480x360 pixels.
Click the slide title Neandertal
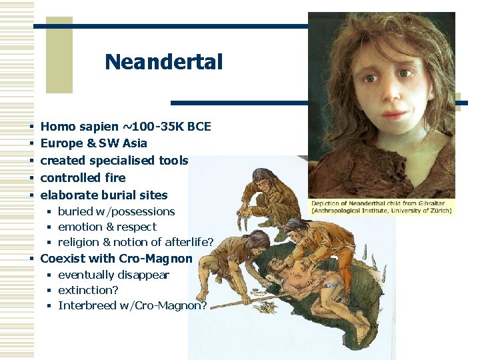pyautogui.click(x=163, y=63)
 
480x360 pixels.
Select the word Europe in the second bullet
pyautogui.click(x=61, y=143)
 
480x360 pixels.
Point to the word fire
pyautogui.click(x=112, y=178)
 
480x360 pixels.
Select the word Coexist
pyautogui.click(x=63, y=258)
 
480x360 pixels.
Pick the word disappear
pyautogui.click(x=145, y=275)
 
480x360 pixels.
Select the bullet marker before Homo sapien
pyautogui.click(x=32, y=127)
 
